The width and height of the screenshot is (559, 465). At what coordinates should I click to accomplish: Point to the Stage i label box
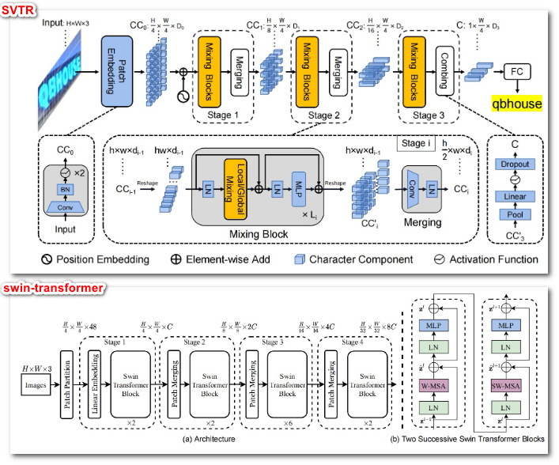point(419,144)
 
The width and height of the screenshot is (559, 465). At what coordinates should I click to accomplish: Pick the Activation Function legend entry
point(483,259)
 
